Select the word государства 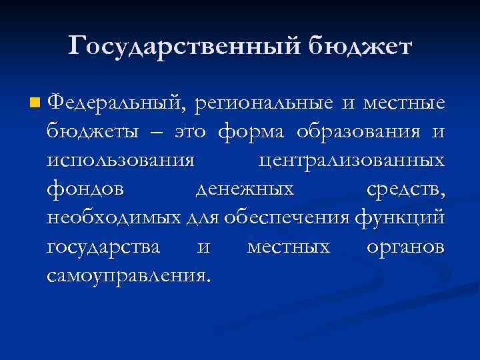(104, 246)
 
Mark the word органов (405, 246)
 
